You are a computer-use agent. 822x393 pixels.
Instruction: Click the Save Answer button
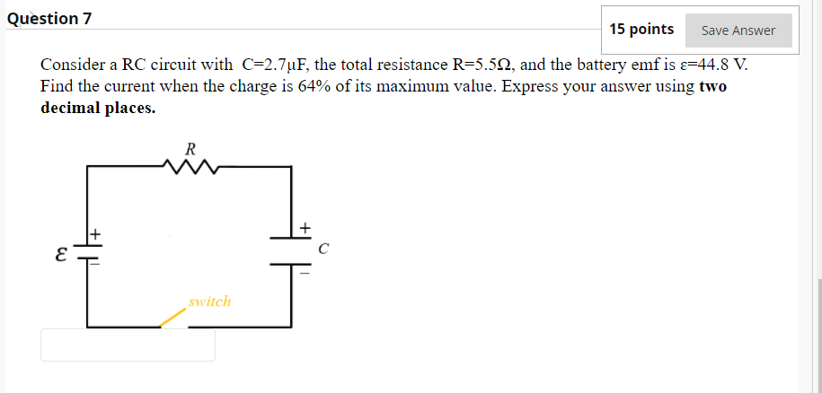pyautogui.click(x=738, y=31)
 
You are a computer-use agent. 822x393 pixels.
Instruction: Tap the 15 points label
pyautogui.click(x=641, y=30)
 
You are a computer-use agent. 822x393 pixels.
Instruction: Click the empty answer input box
pyautogui.click(x=128, y=345)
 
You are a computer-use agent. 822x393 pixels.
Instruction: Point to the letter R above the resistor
pyautogui.click(x=190, y=146)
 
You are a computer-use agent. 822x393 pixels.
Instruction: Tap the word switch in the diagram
pyautogui.click(x=210, y=301)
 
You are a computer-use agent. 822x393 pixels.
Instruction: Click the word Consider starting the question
pyautogui.click(x=72, y=65)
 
